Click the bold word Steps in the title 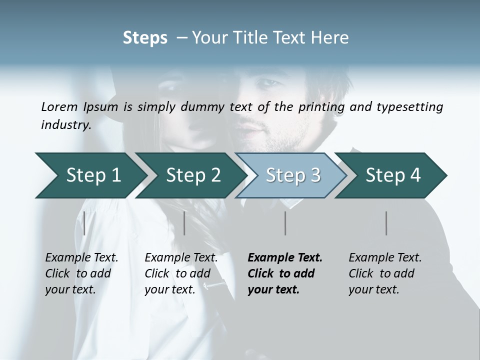tap(145, 38)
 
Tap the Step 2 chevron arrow tap(190, 175)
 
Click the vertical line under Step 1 tap(84, 223)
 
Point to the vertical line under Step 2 tap(184, 223)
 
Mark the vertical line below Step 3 tap(285, 223)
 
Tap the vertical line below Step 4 tap(386, 223)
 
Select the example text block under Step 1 tap(81, 273)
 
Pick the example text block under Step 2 tap(181, 273)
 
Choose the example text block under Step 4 tap(385, 273)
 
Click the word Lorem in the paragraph tap(59, 106)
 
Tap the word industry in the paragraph tap(65, 125)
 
